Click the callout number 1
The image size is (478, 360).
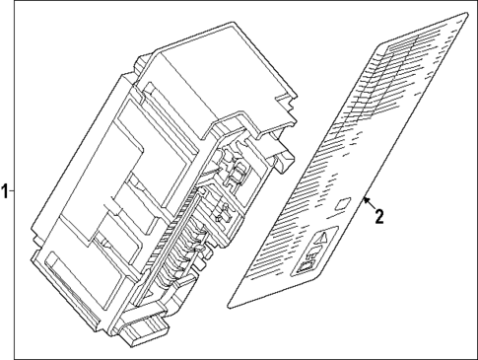(7, 189)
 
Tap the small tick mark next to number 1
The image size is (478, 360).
(14, 189)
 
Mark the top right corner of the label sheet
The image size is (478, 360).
(466, 14)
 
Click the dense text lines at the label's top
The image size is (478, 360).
(414, 59)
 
